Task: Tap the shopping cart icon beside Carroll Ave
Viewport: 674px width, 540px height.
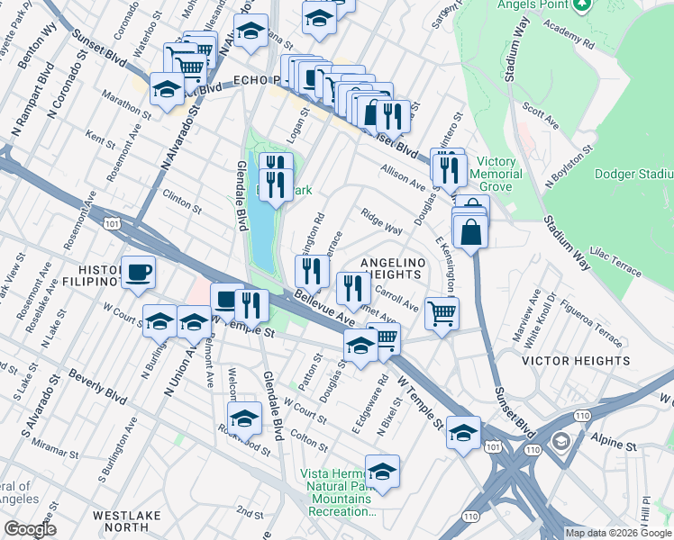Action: point(442,314)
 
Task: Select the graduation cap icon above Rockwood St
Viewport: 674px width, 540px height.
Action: point(244,418)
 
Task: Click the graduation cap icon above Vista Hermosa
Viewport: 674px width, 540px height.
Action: point(383,472)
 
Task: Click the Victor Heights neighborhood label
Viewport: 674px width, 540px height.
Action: point(576,361)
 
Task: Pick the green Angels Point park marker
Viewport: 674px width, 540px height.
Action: point(582,4)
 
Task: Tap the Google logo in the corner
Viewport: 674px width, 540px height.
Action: point(30,529)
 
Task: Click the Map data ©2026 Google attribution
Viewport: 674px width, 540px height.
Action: point(617,533)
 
